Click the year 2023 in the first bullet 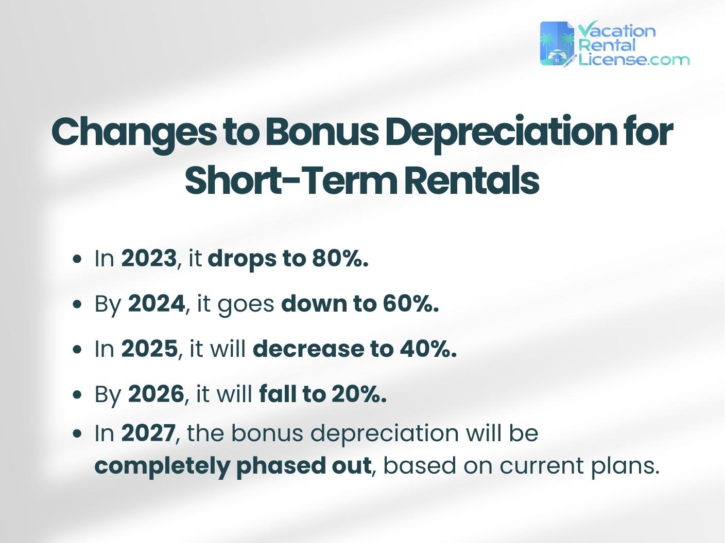[148, 259]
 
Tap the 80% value [340, 259]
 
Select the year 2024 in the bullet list [156, 304]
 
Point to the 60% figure [410, 304]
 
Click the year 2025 [149, 349]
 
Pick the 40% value [428, 349]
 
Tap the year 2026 [156, 394]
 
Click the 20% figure [359, 394]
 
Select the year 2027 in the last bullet [148, 433]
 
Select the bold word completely [162, 466]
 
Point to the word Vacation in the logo [617, 31]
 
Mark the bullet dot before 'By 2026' [78, 395]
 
